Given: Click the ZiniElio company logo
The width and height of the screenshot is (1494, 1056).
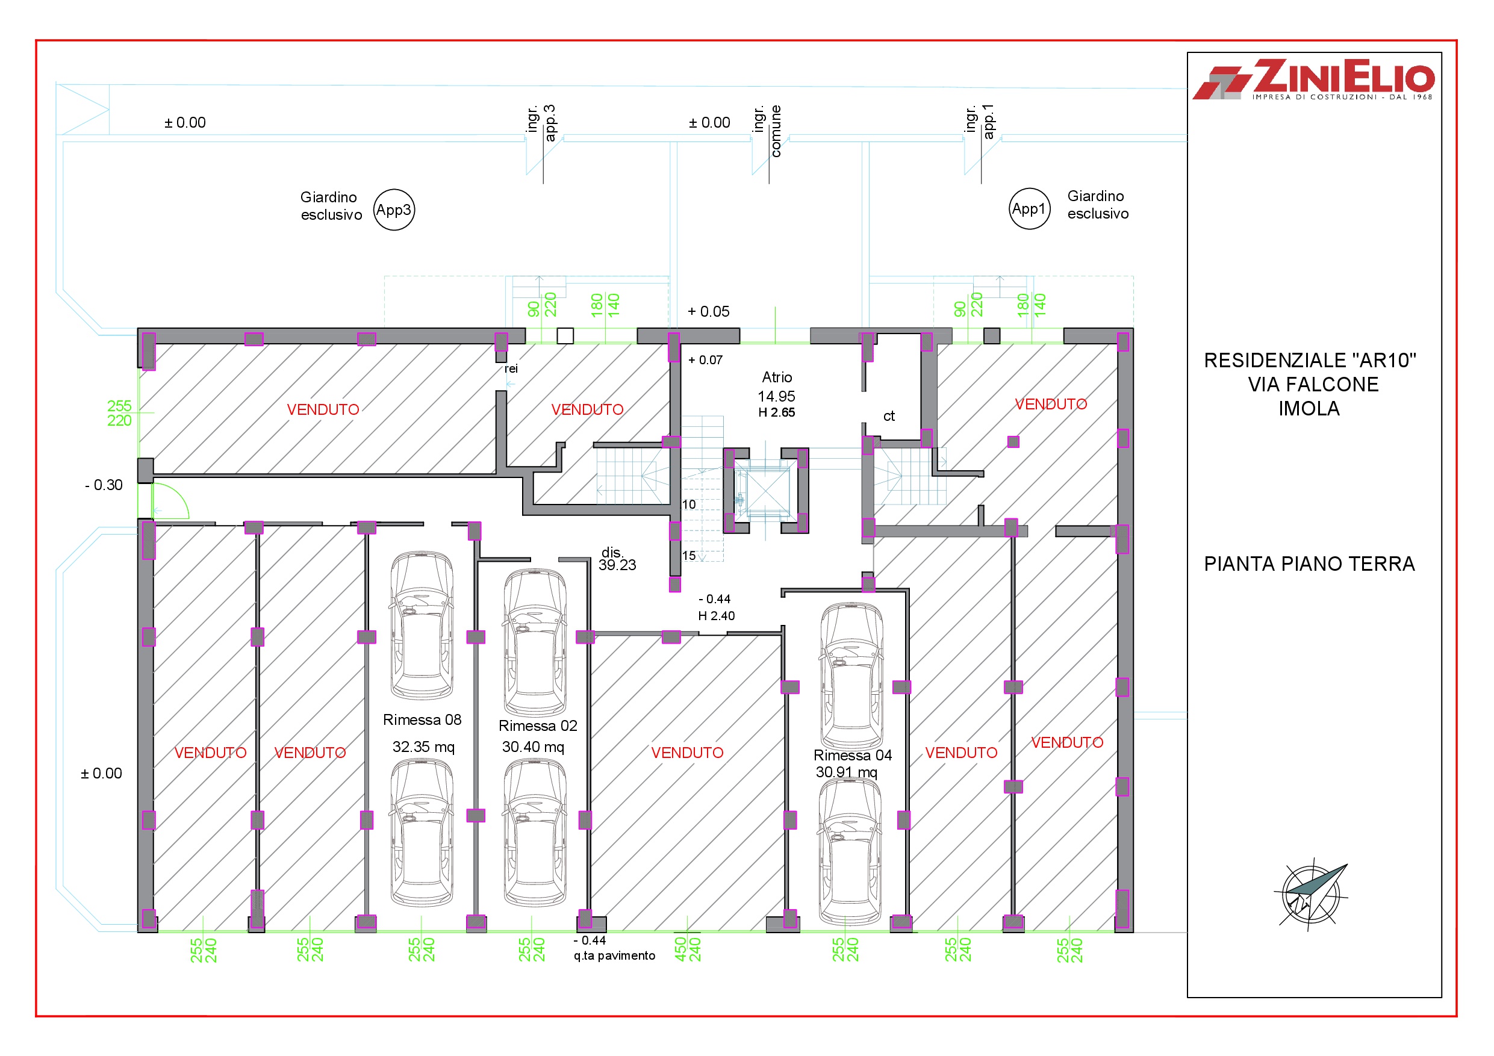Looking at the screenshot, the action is tap(1313, 80).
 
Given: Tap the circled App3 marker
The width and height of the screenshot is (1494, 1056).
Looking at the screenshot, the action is tap(394, 210).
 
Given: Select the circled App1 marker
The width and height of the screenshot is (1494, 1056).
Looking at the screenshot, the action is tap(1029, 209).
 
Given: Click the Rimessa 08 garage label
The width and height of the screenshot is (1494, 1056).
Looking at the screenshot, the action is tap(422, 719).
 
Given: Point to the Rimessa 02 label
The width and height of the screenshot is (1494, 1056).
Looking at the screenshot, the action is tap(538, 725).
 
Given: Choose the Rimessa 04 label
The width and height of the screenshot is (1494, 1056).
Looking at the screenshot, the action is tap(853, 755).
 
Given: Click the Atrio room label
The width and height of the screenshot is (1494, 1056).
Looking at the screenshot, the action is tap(777, 377).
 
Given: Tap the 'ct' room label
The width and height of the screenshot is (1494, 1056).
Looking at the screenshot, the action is tap(889, 416).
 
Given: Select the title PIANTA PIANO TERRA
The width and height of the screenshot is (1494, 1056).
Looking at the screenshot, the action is tap(1309, 564).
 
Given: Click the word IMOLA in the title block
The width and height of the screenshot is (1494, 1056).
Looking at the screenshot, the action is tap(1309, 409).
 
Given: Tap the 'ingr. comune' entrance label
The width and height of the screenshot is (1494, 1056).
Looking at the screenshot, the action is tap(767, 130).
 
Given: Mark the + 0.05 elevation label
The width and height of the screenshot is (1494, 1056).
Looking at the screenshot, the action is tap(709, 312).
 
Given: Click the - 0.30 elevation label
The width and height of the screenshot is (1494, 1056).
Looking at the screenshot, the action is tap(104, 485).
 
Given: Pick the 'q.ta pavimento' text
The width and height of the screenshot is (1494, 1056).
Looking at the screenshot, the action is tap(614, 955).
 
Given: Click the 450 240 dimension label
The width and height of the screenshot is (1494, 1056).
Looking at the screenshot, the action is tap(687, 949).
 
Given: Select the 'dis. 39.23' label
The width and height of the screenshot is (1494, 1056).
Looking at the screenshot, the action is tap(616, 559).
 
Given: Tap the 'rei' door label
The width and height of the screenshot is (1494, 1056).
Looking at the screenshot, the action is tap(511, 368).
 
